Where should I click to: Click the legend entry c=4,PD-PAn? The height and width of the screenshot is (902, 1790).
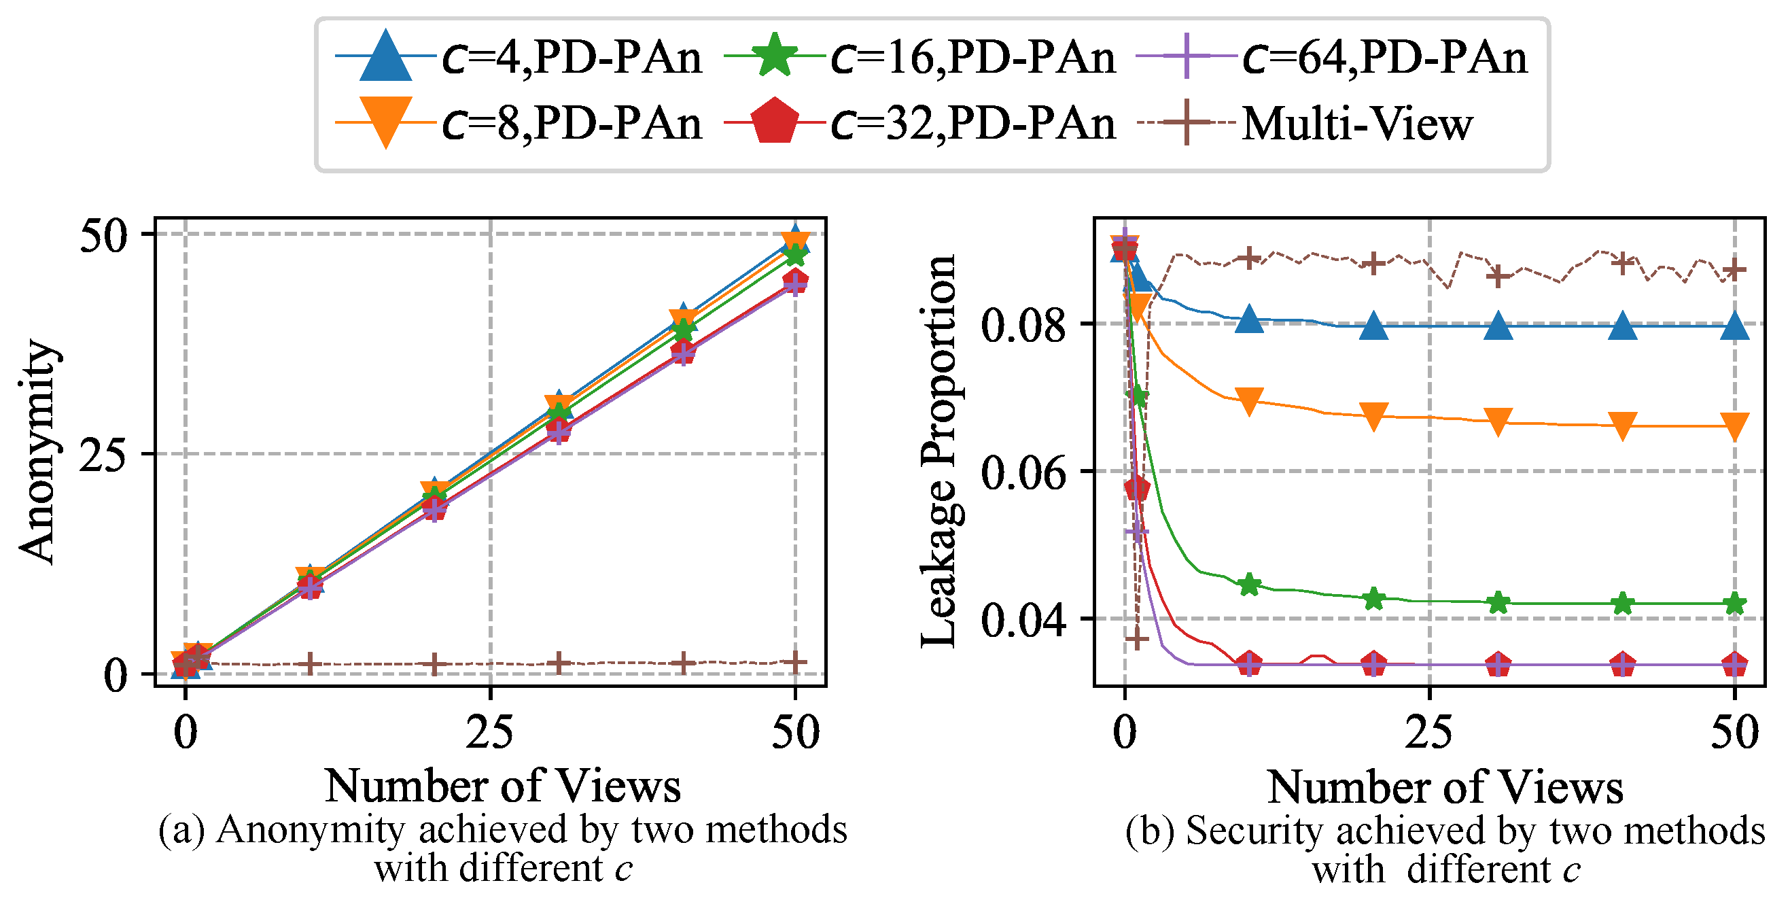(x=519, y=56)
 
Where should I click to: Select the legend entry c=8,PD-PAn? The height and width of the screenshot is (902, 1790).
(x=519, y=123)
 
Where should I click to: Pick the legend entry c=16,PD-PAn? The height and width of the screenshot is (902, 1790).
(x=919, y=56)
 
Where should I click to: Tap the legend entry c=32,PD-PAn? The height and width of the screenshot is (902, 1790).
(x=919, y=123)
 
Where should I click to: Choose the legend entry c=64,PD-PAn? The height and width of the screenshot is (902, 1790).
(x=1332, y=56)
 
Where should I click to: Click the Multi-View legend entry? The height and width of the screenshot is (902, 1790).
(x=1304, y=123)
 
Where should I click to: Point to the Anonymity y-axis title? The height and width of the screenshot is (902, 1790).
(x=38, y=452)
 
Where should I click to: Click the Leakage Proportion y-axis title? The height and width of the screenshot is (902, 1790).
(x=939, y=452)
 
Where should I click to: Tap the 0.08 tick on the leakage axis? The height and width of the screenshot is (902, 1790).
(x=1023, y=324)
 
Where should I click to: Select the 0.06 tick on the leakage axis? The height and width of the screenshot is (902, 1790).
(x=1023, y=472)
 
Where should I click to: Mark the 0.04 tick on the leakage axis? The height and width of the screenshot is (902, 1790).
(x=1023, y=620)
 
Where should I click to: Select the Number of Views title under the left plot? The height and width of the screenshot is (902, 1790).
(x=503, y=785)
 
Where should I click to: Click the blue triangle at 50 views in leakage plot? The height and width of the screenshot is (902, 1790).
(x=1735, y=324)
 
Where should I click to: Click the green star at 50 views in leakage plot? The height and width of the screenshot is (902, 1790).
(x=1735, y=603)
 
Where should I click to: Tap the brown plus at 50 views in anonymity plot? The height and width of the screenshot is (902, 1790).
(x=796, y=662)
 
